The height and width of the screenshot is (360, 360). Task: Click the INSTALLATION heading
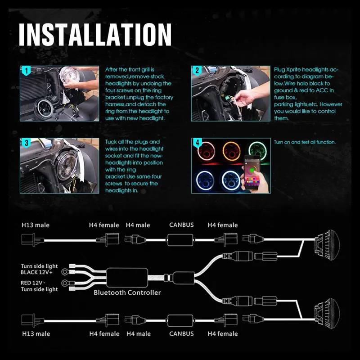pos(95,35)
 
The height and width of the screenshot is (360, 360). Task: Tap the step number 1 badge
pos(26,71)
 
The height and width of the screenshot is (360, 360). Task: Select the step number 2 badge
pos(197,71)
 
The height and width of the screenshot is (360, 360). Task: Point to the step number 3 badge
pos(26,143)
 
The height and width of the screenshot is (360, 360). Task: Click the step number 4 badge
pos(197,143)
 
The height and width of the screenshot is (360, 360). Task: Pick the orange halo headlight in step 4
pos(231,151)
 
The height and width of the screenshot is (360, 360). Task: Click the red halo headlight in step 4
pos(206,152)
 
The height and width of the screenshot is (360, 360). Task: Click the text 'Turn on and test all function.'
pos(305,142)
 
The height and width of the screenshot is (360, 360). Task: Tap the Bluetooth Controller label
pos(127,292)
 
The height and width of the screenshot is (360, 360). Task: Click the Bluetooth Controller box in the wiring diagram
pos(127,278)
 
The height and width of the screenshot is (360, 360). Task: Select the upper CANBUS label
pos(181,225)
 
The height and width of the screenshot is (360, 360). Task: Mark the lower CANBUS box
pos(180,320)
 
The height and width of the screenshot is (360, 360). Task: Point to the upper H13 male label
pos(36,225)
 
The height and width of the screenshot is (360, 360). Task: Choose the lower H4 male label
pos(139,334)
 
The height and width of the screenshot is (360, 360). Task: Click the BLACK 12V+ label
pos(36,272)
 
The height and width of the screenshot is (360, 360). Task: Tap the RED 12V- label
pos(33,283)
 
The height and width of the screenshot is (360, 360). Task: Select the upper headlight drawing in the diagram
pos(327,245)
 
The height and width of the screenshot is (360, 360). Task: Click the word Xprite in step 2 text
pos(293,70)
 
